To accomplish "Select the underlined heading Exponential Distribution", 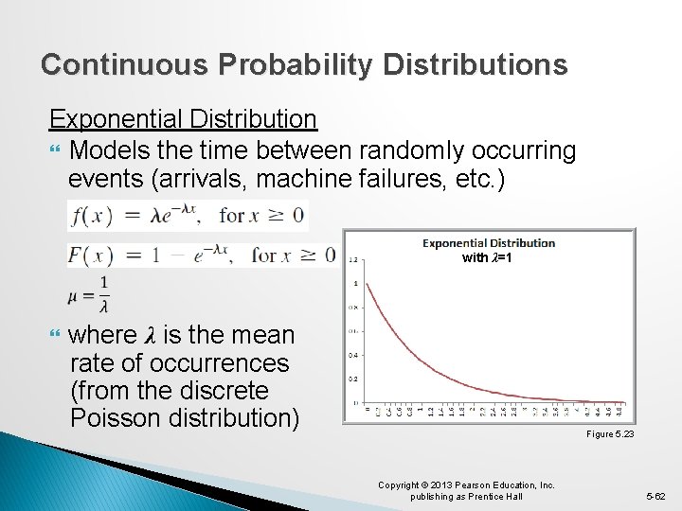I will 183,119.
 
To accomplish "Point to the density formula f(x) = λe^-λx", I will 187,216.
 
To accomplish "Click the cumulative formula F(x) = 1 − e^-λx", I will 202,254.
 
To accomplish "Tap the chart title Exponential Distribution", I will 488,243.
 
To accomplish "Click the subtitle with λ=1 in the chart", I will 488,258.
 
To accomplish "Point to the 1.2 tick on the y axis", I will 353,259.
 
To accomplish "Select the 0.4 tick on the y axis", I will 353,354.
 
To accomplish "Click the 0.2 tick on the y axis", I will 353,378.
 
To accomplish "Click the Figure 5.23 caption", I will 610,433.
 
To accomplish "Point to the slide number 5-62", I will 655,495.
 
